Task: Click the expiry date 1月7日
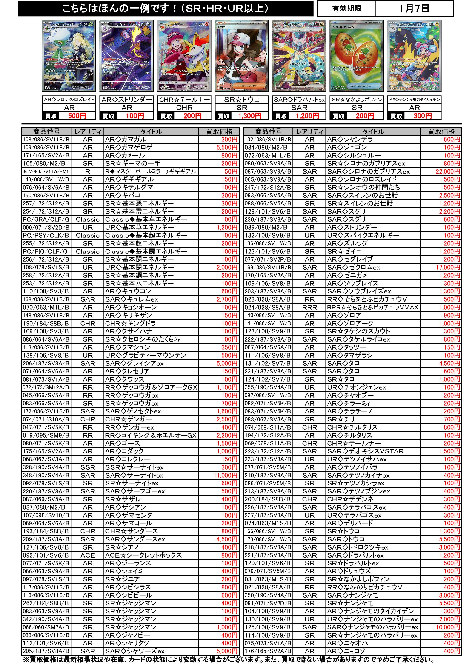(414, 9)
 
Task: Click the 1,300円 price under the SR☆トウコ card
(249, 116)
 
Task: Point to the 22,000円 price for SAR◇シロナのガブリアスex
(447, 171)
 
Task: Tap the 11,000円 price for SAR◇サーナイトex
(225, 475)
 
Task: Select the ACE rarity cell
(88, 555)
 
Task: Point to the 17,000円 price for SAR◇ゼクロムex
(447, 268)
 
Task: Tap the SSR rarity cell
(88, 467)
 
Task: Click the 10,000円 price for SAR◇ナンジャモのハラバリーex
(447, 627)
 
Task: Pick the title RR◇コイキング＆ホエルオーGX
(151, 436)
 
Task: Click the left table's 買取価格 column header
(219, 132)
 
